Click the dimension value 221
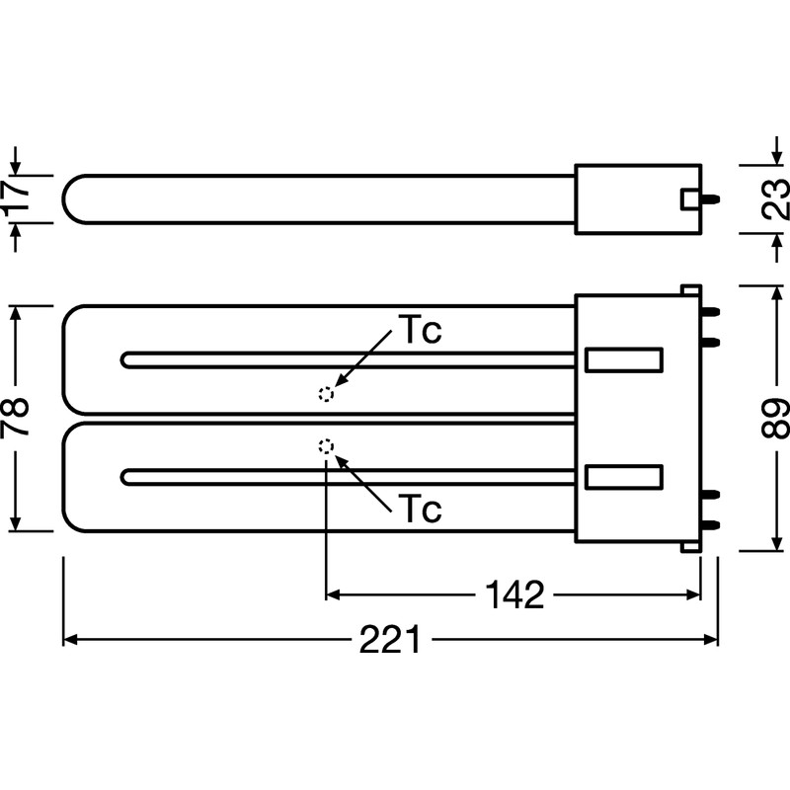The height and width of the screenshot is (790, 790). click(x=389, y=640)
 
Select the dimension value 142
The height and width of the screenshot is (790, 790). click(x=514, y=595)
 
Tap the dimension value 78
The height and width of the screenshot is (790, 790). click(x=15, y=418)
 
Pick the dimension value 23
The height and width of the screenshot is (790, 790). click(x=775, y=198)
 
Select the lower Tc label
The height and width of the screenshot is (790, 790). click(x=420, y=509)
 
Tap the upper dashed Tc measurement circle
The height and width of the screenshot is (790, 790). click(x=327, y=394)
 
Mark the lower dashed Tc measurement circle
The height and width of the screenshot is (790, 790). click(x=327, y=446)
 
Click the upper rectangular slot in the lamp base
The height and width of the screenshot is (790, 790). click(x=624, y=360)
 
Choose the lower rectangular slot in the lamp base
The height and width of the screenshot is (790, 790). click(x=624, y=477)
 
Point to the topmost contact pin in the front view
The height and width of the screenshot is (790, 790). click(x=710, y=312)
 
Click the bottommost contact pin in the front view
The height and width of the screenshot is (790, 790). click(x=710, y=525)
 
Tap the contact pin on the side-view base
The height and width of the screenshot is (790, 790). click(x=710, y=199)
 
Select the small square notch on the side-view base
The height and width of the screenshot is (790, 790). click(x=690, y=199)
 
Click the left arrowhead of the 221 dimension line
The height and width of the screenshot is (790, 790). click(x=70, y=640)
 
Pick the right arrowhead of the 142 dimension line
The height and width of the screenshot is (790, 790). click(x=693, y=595)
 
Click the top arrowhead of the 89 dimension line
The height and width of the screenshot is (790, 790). click(x=774, y=293)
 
